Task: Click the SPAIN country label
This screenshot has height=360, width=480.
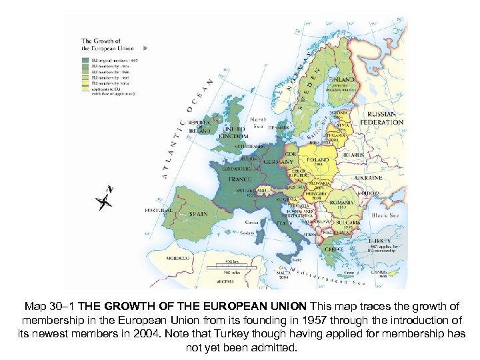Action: pyautogui.click(x=198, y=215)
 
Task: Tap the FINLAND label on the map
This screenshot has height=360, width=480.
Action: pyautogui.click(x=345, y=79)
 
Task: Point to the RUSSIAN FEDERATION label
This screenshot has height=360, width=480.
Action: pyautogui.click(x=381, y=119)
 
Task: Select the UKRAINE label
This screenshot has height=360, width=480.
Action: pyautogui.click(x=369, y=178)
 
